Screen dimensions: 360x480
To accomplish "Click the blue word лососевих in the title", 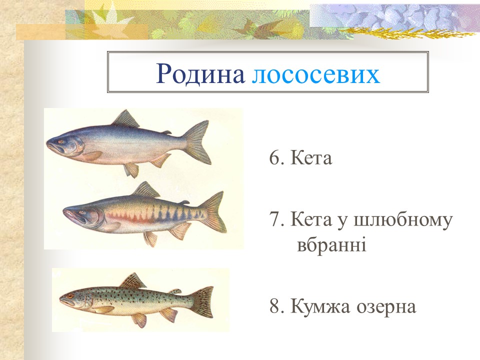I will point(316,73).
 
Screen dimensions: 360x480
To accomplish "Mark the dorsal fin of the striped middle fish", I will point(146,190).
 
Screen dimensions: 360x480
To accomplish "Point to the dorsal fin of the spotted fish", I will point(132,280).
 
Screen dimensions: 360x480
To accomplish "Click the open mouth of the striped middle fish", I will point(69,216).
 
